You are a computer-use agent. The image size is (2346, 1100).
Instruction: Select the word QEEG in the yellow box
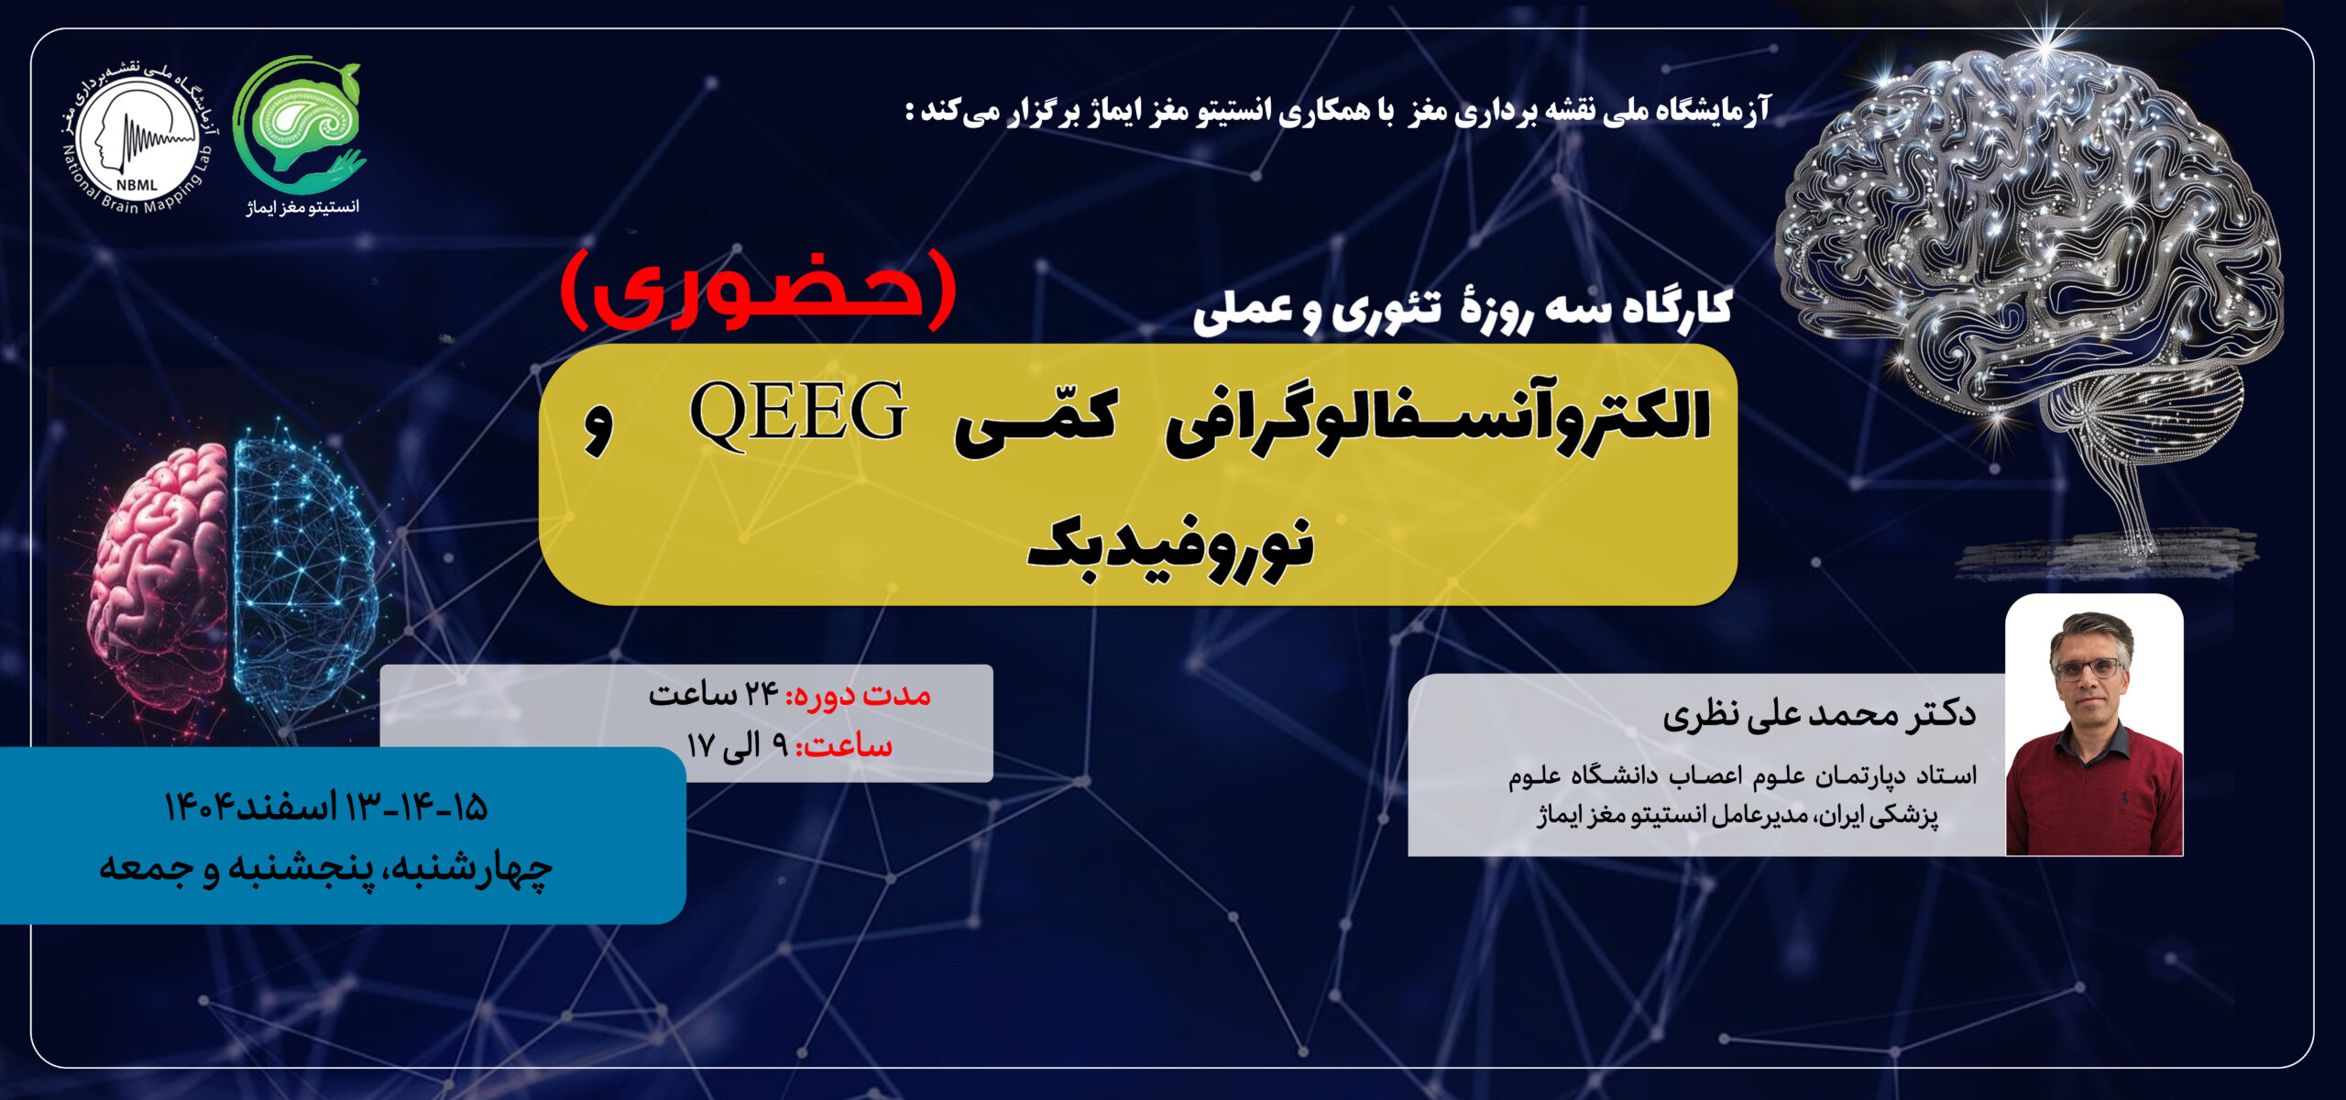tap(797, 414)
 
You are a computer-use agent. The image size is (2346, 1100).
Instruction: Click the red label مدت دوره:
tap(858, 695)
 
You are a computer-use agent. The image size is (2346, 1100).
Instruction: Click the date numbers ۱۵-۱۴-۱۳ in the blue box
tap(417, 808)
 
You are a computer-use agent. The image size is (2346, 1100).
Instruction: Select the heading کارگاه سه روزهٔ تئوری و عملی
tap(1463, 311)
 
